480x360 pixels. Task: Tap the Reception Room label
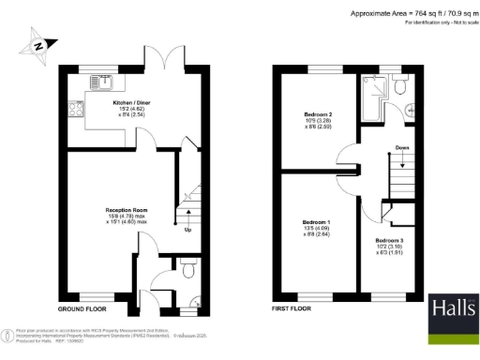point(125,212)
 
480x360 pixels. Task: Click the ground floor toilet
point(187,270)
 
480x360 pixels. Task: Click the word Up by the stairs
point(187,230)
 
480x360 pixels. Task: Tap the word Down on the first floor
point(400,147)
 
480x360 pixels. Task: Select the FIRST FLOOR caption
point(292,307)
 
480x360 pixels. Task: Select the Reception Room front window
point(95,295)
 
